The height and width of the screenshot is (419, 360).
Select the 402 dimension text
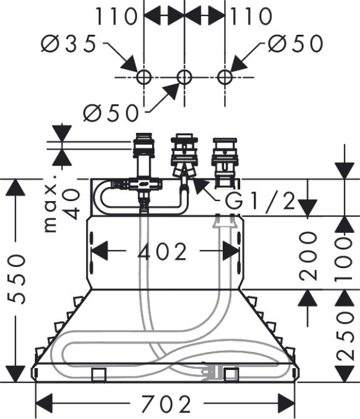(x=162, y=252)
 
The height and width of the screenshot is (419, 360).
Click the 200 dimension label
(x=308, y=256)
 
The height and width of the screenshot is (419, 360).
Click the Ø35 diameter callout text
(x=69, y=44)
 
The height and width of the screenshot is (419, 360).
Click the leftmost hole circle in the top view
(x=143, y=77)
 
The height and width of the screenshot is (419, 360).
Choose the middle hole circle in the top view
(x=184, y=77)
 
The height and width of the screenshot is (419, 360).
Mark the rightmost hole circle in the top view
(x=225, y=77)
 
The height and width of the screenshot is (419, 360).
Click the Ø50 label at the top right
(x=295, y=44)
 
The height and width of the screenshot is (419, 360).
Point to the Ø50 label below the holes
(x=111, y=112)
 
